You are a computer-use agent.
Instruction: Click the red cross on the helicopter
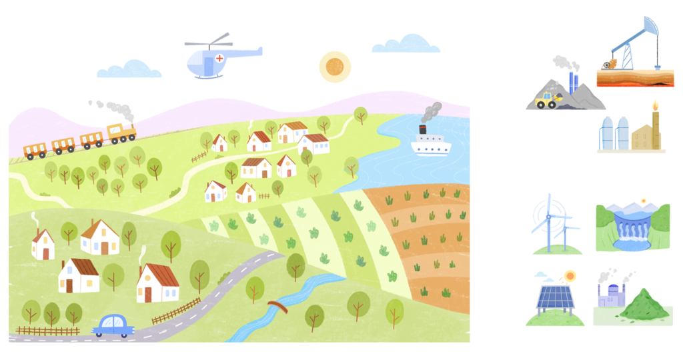pos(219,58)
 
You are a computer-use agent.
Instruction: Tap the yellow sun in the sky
pos(335,67)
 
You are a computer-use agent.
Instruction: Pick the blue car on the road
pos(113,325)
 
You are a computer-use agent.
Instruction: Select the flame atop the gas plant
pos(654,105)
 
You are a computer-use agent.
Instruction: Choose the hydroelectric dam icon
pos(632,227)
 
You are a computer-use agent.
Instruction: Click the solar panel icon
pos(554,297)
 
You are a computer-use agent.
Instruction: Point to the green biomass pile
pos(642,306)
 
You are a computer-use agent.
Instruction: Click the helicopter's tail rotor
pos(258,51)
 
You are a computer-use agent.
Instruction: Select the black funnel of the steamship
pos(423,130)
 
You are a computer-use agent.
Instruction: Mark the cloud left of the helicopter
pos(130,69)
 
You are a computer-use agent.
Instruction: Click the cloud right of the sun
pos(406,45)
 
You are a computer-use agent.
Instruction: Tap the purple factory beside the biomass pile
pos(610,294)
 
